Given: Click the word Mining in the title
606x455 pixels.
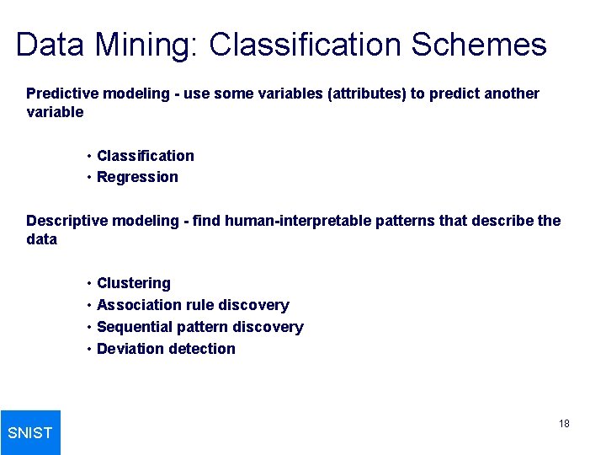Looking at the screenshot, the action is coord(146,45).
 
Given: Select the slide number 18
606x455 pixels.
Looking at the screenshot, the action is coord(564,423).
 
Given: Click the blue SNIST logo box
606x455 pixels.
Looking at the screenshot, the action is coord(30,432).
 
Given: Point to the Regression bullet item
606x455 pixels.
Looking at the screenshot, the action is coord(137,177).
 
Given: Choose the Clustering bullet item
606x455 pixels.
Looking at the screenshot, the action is coord(134,283).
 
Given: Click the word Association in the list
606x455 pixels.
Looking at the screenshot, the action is coord(139,305).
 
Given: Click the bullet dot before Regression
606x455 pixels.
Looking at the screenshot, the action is coord(88,177).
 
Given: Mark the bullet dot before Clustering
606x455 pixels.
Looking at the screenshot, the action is coord(88,283).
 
